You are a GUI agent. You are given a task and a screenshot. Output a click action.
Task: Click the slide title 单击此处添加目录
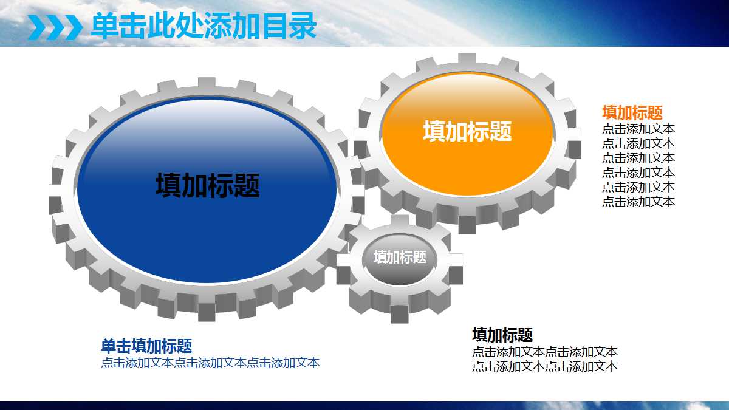204,26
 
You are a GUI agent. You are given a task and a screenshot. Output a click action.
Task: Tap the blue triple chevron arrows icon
55,27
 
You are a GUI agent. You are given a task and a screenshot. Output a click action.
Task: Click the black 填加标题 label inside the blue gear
207,186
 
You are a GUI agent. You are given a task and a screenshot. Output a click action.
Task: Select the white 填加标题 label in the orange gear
467,132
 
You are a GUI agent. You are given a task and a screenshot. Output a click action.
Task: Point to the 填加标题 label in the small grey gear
400,257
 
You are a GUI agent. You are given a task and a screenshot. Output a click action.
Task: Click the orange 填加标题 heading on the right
632,112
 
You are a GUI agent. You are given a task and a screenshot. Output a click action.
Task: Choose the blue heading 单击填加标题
146,346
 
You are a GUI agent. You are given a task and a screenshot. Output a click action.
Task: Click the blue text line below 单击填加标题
210,363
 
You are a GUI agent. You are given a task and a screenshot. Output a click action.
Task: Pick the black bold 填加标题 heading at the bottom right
502,335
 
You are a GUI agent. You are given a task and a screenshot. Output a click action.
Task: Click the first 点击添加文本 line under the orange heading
638,129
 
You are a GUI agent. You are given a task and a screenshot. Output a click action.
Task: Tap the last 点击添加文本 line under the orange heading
638,202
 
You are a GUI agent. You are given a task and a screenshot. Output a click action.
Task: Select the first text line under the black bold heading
544,352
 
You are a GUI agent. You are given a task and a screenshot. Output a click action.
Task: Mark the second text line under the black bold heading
544,366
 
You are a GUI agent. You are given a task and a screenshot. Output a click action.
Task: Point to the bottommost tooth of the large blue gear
207,311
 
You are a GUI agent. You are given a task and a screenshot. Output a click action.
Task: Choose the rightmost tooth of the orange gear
573,149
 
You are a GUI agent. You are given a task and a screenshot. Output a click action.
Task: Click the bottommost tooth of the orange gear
467,224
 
